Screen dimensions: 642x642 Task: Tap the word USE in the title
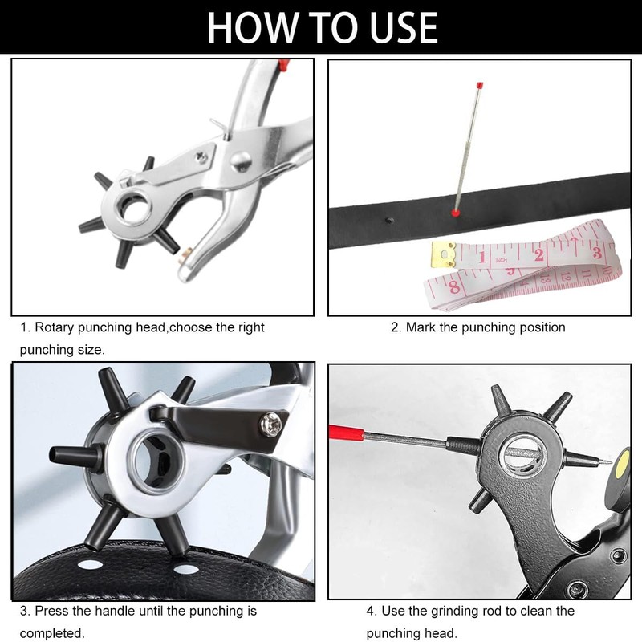(393, 27)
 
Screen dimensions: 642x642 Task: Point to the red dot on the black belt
(455, 213)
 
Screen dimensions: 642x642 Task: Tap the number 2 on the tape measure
(539, 255)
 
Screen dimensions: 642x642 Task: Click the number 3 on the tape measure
(595, 251)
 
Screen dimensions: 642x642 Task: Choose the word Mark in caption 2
(421, 327)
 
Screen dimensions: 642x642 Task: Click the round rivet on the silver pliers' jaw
(238, 163)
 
